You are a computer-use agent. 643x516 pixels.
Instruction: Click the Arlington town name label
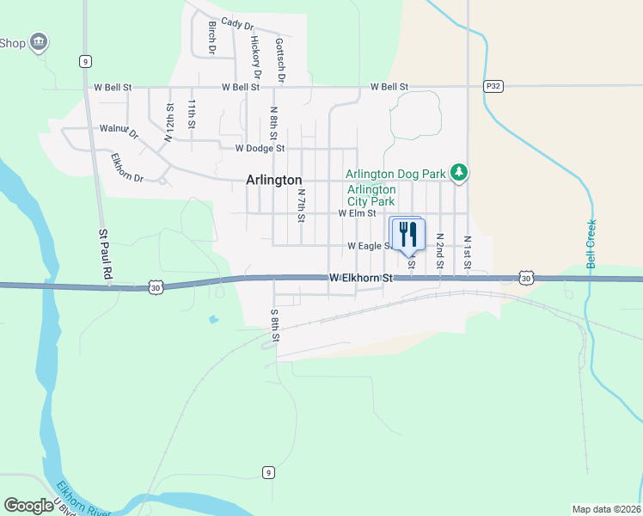coord(274,180)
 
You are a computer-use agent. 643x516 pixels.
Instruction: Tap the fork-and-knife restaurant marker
coord(408,234)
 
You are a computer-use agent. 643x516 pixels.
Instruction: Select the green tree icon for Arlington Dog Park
coord(460,174)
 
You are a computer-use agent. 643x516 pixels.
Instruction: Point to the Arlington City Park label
coord(371,195)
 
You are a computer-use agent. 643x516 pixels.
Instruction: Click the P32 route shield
coord(493,86)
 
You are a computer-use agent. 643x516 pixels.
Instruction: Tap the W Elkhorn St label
coord(360,278)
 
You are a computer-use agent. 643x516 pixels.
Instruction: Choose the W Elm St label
coord(358,212)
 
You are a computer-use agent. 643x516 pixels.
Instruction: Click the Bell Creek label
coord(591,244)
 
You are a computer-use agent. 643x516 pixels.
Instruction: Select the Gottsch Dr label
coord(280,59)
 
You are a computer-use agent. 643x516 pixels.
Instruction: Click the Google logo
coord(28,506)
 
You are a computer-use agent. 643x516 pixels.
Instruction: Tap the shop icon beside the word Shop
coord(38,41)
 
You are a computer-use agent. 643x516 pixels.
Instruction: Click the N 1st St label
coord(467,252)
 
